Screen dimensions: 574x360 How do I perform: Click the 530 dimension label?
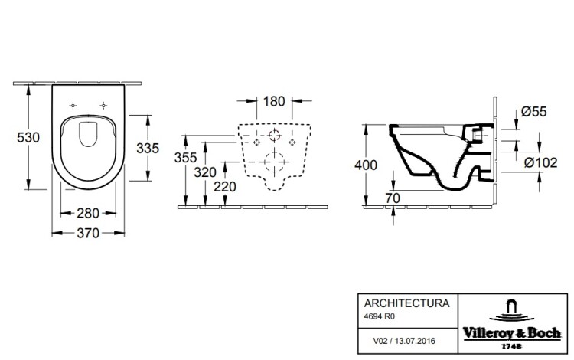tap(28, 137)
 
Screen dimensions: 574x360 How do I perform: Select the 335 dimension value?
tap(148, 148)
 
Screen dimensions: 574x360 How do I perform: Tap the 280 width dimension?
tap(88, 213)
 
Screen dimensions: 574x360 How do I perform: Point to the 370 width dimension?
tap(88, 233)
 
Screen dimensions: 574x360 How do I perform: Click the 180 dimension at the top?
tap(274, 101)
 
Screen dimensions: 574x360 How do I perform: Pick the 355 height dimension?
tap(186, 158)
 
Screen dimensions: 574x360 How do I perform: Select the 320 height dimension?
tap(205, 172)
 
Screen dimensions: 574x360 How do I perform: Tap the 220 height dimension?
tap(225, 187)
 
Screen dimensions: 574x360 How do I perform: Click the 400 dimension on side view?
tap(366, 165)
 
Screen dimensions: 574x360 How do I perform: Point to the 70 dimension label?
tap(393, 198)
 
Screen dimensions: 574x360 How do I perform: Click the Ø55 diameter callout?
tap(534, 111)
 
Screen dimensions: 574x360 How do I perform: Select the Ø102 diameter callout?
tap(540, 162)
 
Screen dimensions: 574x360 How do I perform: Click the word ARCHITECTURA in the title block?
tap(406, 303)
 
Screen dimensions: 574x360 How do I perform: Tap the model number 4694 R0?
tap(380, 316)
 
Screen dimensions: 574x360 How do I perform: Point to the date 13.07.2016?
tap(416, 341)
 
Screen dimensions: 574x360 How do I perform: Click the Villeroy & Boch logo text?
tap(512, 333)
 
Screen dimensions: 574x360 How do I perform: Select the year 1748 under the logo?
tap(511, 346)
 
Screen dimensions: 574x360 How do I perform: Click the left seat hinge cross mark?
tap(73, 106)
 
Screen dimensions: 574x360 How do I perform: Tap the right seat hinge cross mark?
tap(103, 106)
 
